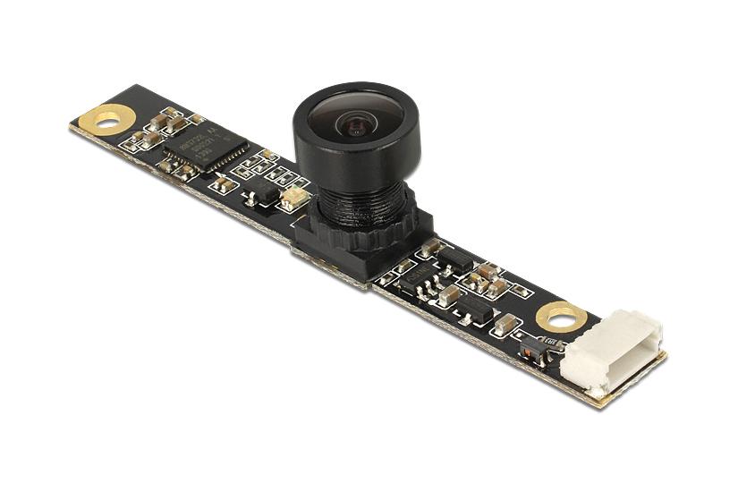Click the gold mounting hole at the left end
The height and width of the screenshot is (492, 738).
(106, 117)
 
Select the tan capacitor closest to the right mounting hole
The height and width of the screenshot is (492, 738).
(506, 322)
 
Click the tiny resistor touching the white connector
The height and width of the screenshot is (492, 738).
(553, 344)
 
